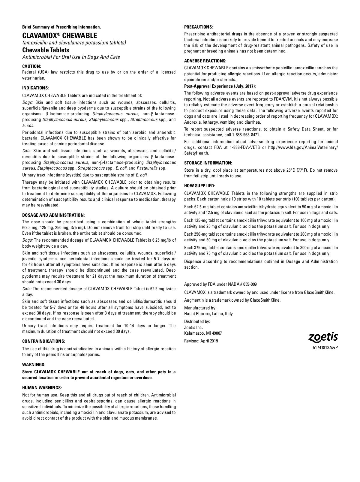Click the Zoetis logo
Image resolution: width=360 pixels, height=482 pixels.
tap(323, 337)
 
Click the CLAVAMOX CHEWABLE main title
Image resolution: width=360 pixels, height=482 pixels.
tap(60, 36)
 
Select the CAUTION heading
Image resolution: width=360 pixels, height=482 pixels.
tap(31, 66)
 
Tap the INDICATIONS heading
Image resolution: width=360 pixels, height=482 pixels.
tap(35, 88)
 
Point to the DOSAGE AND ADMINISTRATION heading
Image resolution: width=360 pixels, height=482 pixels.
tap(53, 215)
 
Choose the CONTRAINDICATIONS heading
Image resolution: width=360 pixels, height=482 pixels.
tap(43, 341)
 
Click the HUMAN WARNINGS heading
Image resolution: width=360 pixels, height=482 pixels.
tap(42, 388)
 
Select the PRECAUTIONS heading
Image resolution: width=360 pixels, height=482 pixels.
tap(198, 27)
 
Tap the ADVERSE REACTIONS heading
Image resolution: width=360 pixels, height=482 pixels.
tap(205, 61)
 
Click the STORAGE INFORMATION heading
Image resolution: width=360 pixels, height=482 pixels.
tap(208, 163)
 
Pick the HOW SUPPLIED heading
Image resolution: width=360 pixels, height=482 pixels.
tap(199, 186)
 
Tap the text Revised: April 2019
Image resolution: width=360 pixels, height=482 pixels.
tap(201, 341)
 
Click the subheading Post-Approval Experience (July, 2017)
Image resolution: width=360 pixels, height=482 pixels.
tap(220, 86)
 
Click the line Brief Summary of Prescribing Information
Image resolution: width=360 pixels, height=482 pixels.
tap(61, 27)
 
